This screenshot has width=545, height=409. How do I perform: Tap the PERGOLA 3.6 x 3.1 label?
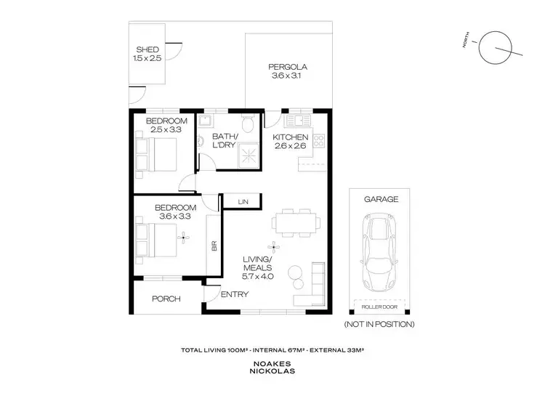[283, 69]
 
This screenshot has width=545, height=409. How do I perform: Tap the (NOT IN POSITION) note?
[379, 324]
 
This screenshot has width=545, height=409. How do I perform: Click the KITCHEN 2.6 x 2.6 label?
[290, 142]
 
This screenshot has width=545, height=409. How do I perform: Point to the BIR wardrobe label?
[214, 246]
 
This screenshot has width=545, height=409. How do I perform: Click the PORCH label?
[165, 299]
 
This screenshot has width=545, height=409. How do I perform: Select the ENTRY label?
[235, 294]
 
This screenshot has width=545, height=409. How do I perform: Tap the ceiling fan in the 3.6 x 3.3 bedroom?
[184, 235]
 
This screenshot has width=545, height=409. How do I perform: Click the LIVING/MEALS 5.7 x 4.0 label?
[258, 270]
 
